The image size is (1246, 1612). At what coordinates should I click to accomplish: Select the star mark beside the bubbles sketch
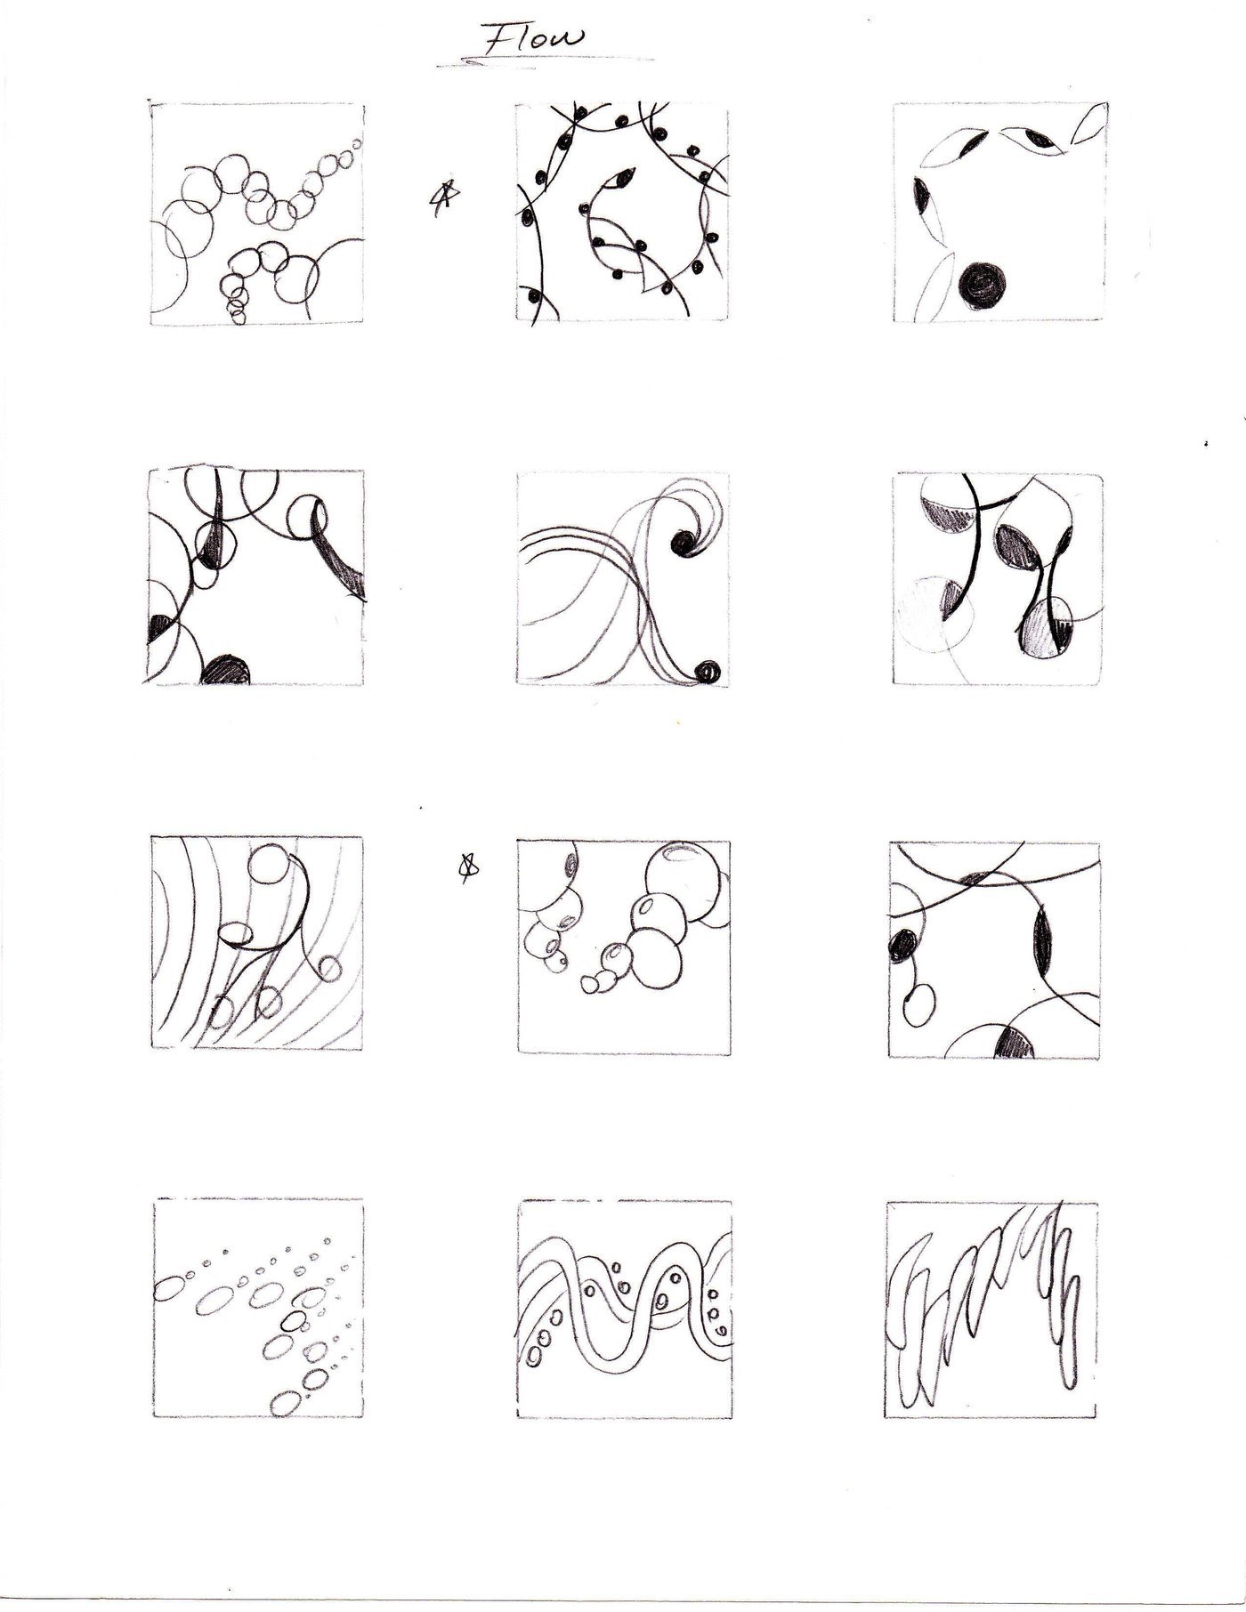pos(465,868)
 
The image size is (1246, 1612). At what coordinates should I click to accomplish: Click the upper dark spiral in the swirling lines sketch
pos(685,541)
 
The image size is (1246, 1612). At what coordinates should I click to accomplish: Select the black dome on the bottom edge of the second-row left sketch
pos(228,669)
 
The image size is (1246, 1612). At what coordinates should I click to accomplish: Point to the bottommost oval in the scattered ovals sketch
pos(285,1404)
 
